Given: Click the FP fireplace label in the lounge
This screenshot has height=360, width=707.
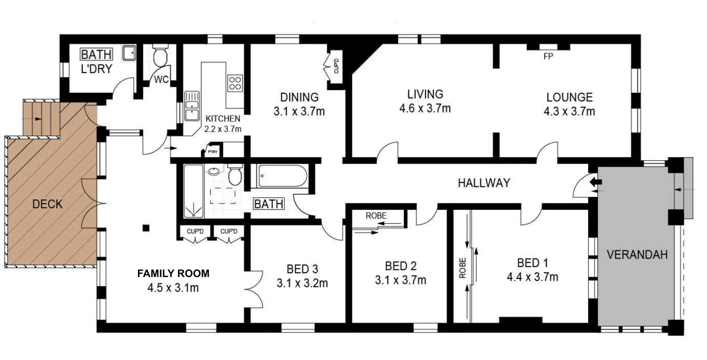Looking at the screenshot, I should point(548,56).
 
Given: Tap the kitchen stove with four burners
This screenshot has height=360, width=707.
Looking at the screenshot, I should point(235,83).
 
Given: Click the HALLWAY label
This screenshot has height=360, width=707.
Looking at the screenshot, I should point(484,183).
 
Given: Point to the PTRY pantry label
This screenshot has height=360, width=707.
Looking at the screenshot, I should point(212,152).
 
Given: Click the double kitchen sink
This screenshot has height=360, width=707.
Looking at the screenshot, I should point(192,106).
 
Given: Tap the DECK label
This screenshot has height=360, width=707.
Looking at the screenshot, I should point(47,204).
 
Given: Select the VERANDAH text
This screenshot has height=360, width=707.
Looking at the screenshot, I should point(637,255).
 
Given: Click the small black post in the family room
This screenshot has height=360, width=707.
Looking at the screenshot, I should point(146,228).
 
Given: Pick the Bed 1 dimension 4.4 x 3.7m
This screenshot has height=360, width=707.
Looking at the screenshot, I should point(532,277).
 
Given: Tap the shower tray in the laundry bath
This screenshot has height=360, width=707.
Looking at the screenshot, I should point(129,53).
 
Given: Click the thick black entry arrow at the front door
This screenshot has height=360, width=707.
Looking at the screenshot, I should point(595,182).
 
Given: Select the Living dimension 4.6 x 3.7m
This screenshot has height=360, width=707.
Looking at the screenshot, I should point(425,108).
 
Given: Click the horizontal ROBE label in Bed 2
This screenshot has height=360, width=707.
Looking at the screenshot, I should point(376,216).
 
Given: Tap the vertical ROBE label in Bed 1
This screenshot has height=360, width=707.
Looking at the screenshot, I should point(463,268).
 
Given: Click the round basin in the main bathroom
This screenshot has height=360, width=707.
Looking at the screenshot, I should point(214,171).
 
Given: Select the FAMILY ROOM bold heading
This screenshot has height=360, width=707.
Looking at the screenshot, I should point(173,273).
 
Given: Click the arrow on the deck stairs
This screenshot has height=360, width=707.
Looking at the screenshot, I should point(38,119).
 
